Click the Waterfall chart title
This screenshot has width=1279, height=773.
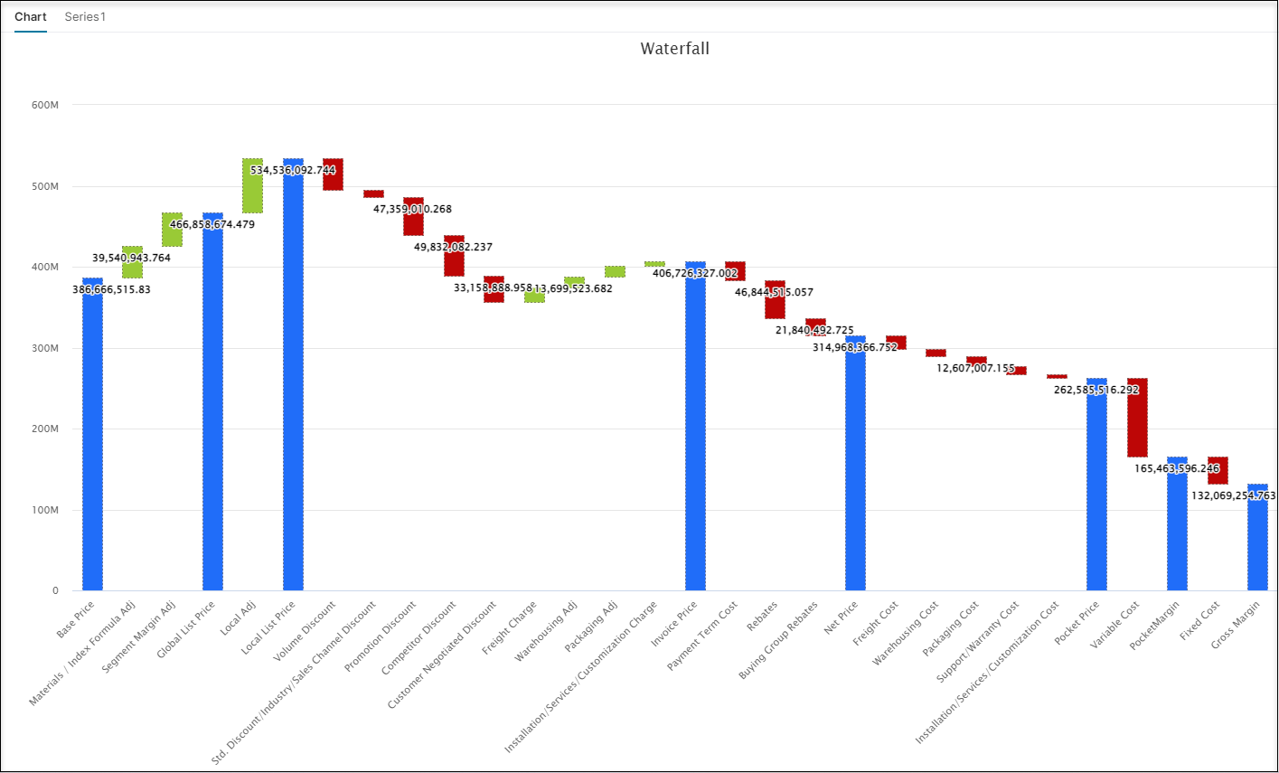[674, 49]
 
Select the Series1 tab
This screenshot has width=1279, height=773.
[85, 17]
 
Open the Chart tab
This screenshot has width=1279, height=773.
[31, 17]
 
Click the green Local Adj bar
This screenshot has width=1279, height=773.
[253, 185]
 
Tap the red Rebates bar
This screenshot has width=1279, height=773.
[775, 299]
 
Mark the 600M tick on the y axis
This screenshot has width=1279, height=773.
[45, 105]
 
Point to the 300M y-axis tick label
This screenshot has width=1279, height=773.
[45, 348]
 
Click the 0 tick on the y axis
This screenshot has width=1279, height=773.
[55, 591]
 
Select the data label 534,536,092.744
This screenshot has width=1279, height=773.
[293, 170]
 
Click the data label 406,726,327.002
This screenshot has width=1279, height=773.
[695, 273]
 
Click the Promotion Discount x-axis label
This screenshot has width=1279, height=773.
[381, 637]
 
